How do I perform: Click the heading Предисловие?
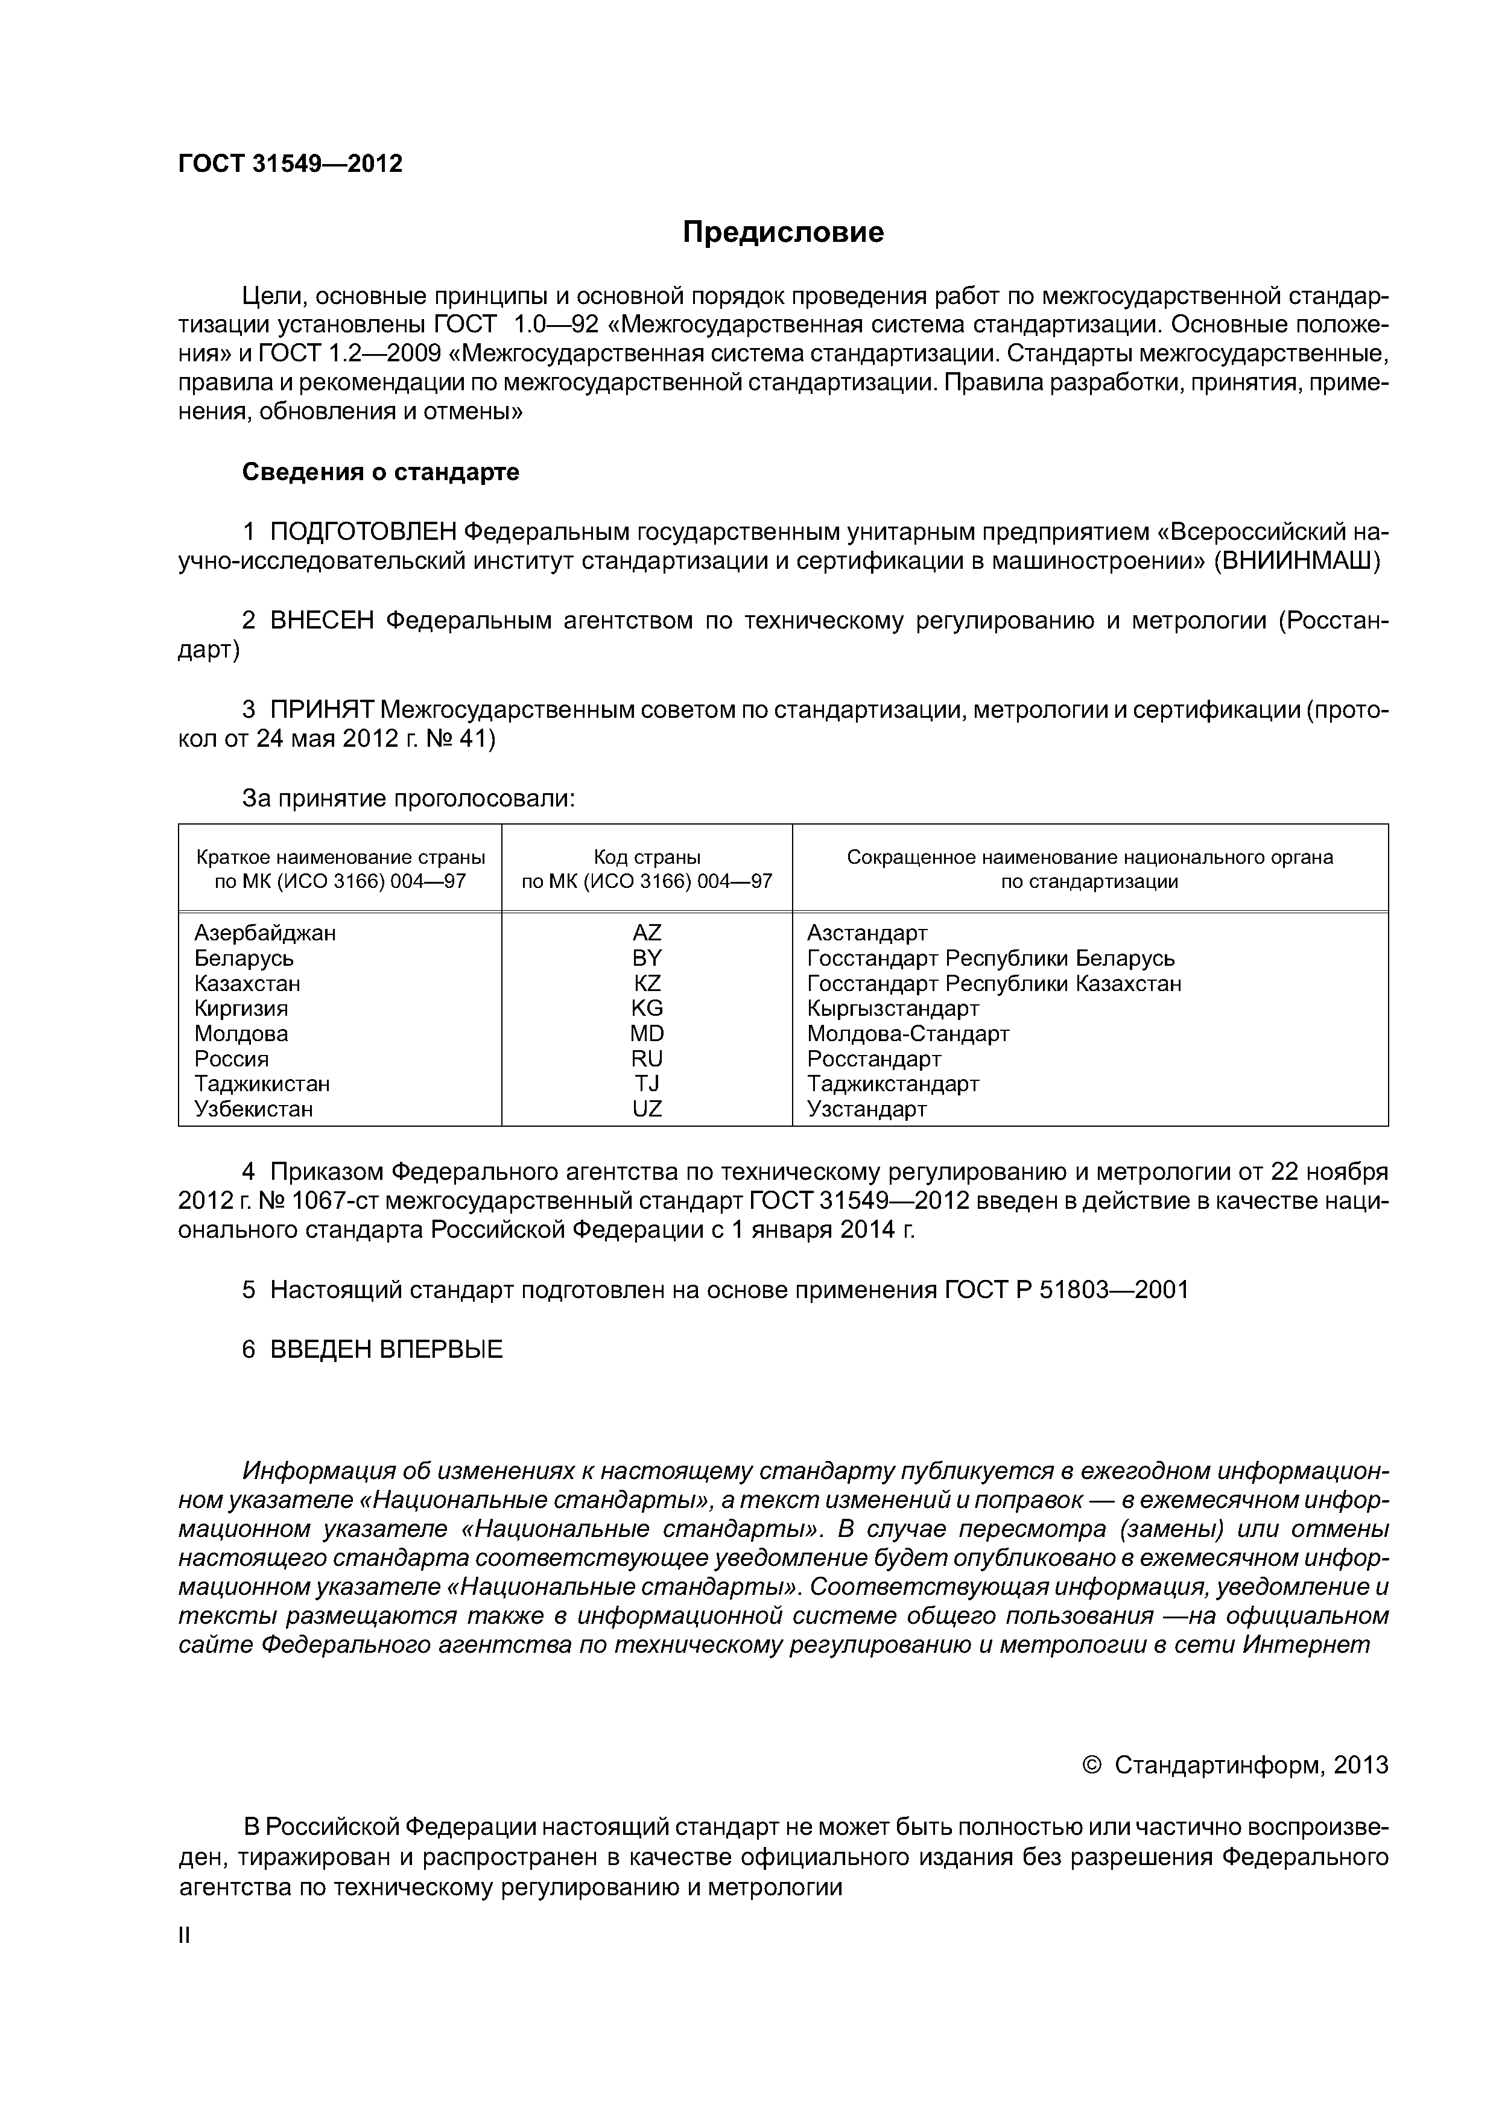782,232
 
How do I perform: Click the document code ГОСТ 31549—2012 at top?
290,164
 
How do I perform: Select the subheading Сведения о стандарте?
381,472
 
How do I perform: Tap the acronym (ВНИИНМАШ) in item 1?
1296,561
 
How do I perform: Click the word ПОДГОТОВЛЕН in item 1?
363,532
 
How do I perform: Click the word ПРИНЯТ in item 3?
322,709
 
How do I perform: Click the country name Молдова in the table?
241,1033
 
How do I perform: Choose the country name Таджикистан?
262,1084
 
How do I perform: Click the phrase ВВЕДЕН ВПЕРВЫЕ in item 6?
386,1350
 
